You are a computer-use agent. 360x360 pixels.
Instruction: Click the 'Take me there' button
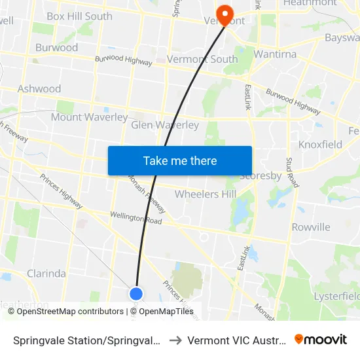tap(180, 160)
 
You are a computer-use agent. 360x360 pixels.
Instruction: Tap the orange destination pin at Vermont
tap(225, 14)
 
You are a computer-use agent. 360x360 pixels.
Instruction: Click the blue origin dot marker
tap(136, 294)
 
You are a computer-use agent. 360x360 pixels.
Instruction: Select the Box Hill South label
tap(79, 16)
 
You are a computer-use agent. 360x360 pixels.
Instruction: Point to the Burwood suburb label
tap(56, 47)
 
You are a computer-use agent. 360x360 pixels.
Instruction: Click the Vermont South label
tap(202, 59)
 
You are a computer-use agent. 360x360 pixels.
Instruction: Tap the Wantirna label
tap(275, 54)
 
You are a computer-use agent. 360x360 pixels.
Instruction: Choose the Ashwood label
tap(39, 88)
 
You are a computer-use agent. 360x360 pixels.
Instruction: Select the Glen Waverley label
tap(165, 124)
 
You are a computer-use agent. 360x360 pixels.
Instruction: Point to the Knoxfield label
tap(320, 144)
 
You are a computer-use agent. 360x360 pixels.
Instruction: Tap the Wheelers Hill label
tap(206, 194)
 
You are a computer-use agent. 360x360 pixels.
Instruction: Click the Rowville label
tap(311, 227)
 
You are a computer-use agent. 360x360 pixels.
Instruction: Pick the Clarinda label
tap(46, 273)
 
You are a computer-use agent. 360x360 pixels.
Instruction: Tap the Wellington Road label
tap(135, 217)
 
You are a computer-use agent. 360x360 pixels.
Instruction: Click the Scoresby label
tap(261, 176)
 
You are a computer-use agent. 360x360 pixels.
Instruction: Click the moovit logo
tap(321, 339)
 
